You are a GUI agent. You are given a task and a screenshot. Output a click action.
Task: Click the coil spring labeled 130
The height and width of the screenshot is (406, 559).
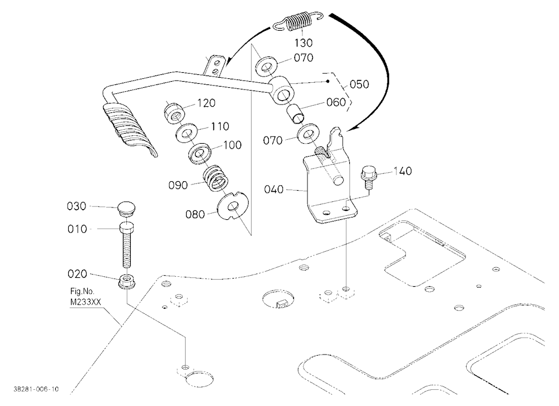coord(298,22)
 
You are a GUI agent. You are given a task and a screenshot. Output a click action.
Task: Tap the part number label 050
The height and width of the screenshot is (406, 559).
coord(359,84)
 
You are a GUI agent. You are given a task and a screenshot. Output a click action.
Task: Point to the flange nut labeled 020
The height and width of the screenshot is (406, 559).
coord(126,280)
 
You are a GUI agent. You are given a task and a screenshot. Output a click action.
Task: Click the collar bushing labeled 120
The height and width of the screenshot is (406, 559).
coord(175,111)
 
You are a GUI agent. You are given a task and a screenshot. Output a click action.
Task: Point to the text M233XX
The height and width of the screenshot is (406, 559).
coord(86,303)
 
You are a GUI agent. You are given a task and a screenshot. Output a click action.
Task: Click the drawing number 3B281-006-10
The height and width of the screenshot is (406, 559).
coord(36,389)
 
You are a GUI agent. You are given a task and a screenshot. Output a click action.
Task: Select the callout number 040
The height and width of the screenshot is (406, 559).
coord(274,189)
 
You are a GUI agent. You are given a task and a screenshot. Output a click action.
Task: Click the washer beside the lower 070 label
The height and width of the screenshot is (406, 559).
coord(308,133)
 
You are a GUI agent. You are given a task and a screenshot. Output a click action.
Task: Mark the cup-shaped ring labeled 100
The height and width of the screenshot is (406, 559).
coord(200,154)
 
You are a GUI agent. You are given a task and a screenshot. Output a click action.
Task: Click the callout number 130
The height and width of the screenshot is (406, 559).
coord(304,43)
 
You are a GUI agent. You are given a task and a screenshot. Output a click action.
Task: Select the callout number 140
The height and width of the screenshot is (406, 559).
coord(403,171)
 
